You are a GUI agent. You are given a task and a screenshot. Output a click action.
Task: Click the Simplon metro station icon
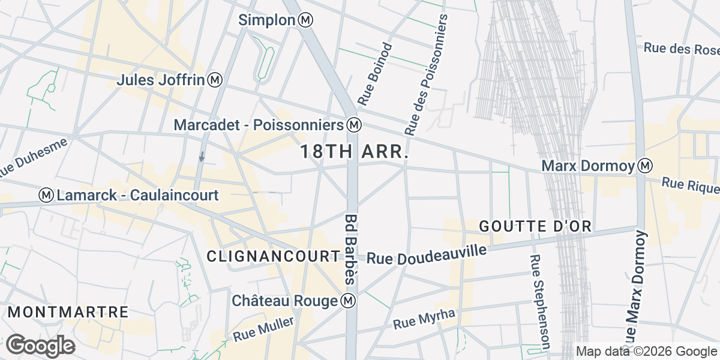[x=306, y=20]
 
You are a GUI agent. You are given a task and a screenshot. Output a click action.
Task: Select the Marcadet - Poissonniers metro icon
[x=354, y=125]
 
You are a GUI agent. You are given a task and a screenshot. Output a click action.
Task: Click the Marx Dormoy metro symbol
[x=646, y=165]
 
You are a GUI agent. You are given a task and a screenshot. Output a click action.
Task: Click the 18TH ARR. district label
[x=355, y=152]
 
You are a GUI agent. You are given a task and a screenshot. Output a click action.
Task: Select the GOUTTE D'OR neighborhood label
[x=536, y=226]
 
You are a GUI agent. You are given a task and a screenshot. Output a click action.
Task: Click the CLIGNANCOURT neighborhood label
[x=273, y=256]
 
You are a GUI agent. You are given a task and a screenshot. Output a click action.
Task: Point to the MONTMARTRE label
[x=69, y=312]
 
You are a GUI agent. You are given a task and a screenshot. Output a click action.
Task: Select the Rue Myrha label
[x=424, y=319]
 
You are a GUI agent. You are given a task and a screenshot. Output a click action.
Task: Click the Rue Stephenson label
[x=539, y=302]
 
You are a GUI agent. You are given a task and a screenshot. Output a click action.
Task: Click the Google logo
[x=40, y=346]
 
